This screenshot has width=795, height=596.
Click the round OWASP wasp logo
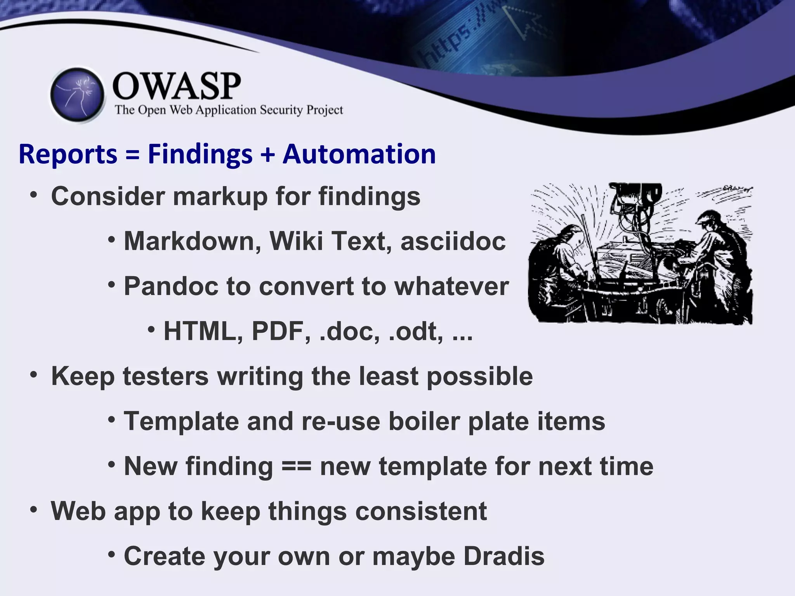[78, 95]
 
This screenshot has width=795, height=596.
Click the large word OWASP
[177, 86]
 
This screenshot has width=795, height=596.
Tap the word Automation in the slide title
[359, 154]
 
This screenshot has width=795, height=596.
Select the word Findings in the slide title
[200, 154]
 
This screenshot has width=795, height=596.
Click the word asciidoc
[453, 241]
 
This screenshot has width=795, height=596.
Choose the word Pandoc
[171, 286]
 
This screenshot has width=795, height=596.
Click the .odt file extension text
[415, 332]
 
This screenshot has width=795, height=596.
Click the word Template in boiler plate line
[181, 422]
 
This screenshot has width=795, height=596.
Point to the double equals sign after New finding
[296, 466]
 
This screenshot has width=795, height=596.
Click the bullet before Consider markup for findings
[34, 195]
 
